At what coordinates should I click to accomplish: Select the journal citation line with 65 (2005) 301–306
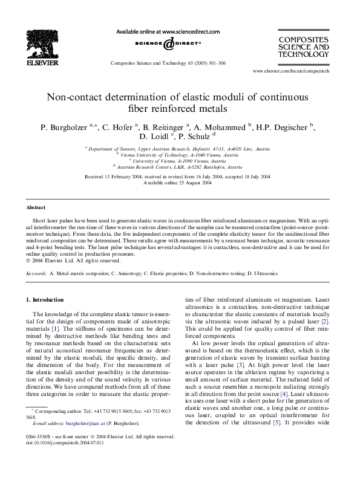(x=168, y=62)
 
